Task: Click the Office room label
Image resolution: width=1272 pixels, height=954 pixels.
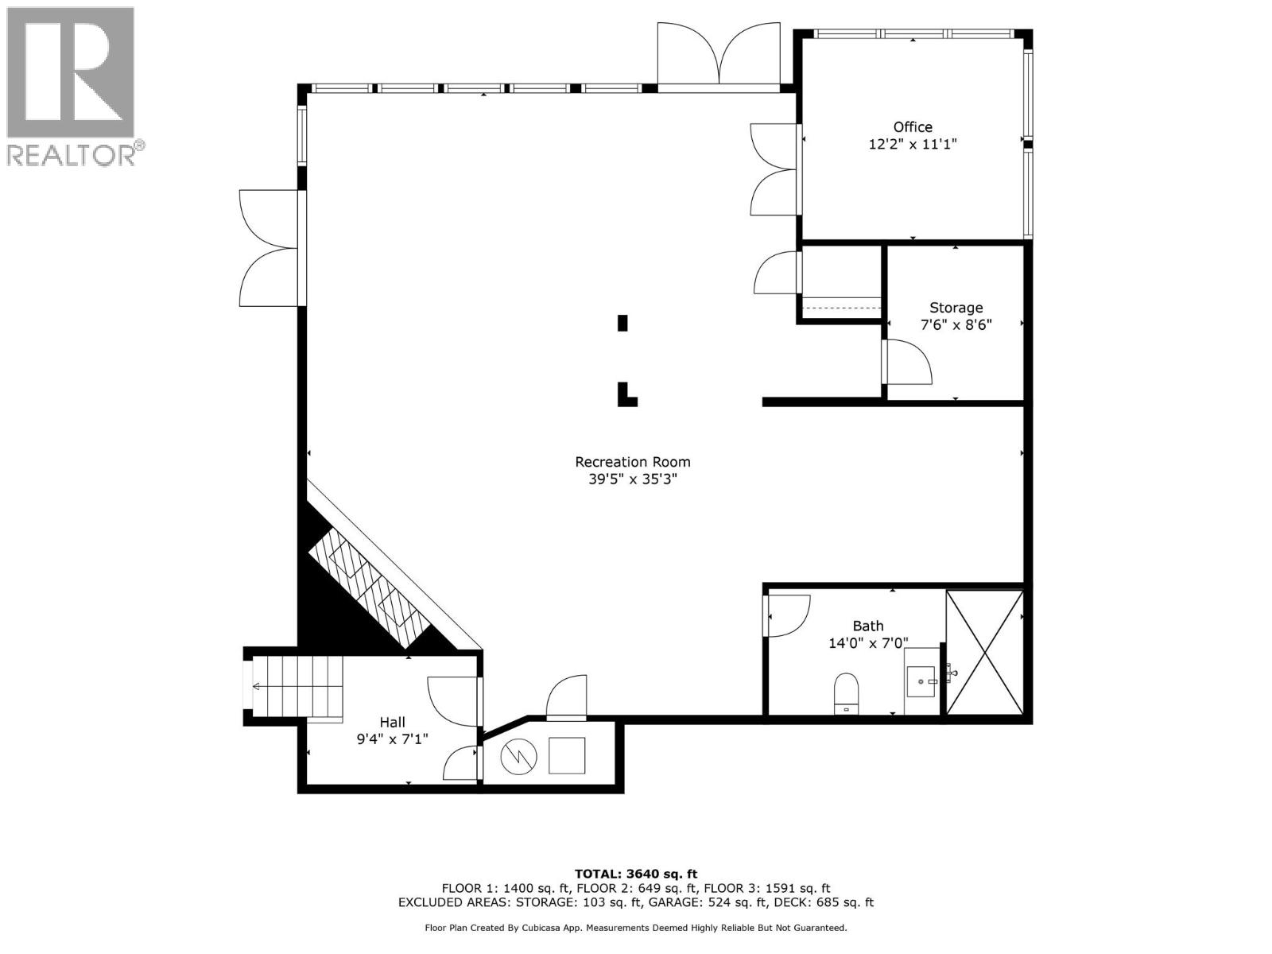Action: (912, 127)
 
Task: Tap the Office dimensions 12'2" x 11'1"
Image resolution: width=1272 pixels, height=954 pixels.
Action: (912, 145)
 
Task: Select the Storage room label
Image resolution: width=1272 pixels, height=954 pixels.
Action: (956, 308)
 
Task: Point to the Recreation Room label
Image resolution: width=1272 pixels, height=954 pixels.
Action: (632, 462)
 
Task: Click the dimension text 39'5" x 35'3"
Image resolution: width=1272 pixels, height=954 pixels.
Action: (632, 479)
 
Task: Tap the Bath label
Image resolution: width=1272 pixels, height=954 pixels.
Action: (867, 626)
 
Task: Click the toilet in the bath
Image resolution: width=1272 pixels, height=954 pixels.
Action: (846, 692)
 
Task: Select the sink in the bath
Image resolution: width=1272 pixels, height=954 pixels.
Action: (922, 681)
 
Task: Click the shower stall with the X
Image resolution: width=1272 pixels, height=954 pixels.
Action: (983, 652)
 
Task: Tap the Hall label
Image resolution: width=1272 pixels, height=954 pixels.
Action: (392, 722)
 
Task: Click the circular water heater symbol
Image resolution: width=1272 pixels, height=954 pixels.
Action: (518, 757)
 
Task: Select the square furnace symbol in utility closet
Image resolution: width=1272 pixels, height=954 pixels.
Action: (567, 755)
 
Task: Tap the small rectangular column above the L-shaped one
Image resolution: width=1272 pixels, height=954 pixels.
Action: (622, 323)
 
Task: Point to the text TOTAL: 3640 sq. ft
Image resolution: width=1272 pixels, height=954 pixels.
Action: (635, 874)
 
